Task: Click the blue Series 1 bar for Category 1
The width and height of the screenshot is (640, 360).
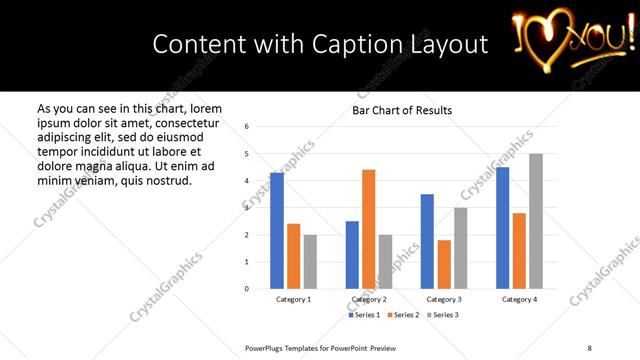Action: pos(277,231)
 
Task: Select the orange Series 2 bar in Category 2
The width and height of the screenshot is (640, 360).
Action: pos(368,229)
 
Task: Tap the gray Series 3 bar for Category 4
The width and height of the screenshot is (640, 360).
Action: pos(536,221)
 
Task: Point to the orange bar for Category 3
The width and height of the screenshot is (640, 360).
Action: pos(444,264)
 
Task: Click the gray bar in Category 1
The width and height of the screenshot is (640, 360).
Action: pos(310,262)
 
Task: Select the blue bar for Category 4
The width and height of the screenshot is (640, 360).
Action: pos(502,228)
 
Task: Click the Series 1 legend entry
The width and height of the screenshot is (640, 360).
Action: pos(365,315)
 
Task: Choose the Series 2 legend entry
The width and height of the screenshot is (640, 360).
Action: pos(402,315)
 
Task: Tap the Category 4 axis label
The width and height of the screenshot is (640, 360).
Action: pos(518,300)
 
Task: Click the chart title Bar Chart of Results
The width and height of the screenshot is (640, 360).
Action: pos(401,110)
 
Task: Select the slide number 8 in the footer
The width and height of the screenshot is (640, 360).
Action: pos(588,347)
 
